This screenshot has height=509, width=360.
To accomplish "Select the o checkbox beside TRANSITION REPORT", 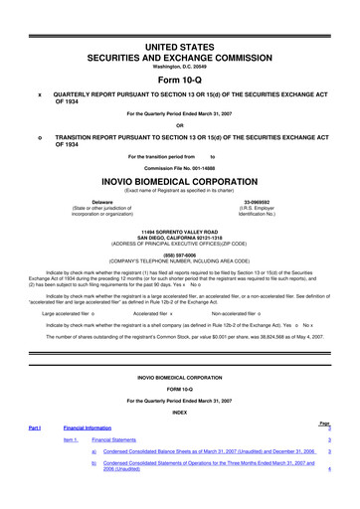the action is pyautogui.click(x=39, y=137).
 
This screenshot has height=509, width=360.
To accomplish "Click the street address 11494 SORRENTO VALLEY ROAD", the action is pyautogui.click(x=180, y=228).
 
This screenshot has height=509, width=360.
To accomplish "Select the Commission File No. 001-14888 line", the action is pyautogui.click(x=180, y=168).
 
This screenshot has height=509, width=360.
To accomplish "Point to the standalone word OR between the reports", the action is pyautogui.click(x=180, y=124).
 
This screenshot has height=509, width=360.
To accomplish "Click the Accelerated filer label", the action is pyautogui.click(x=152, y=313).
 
